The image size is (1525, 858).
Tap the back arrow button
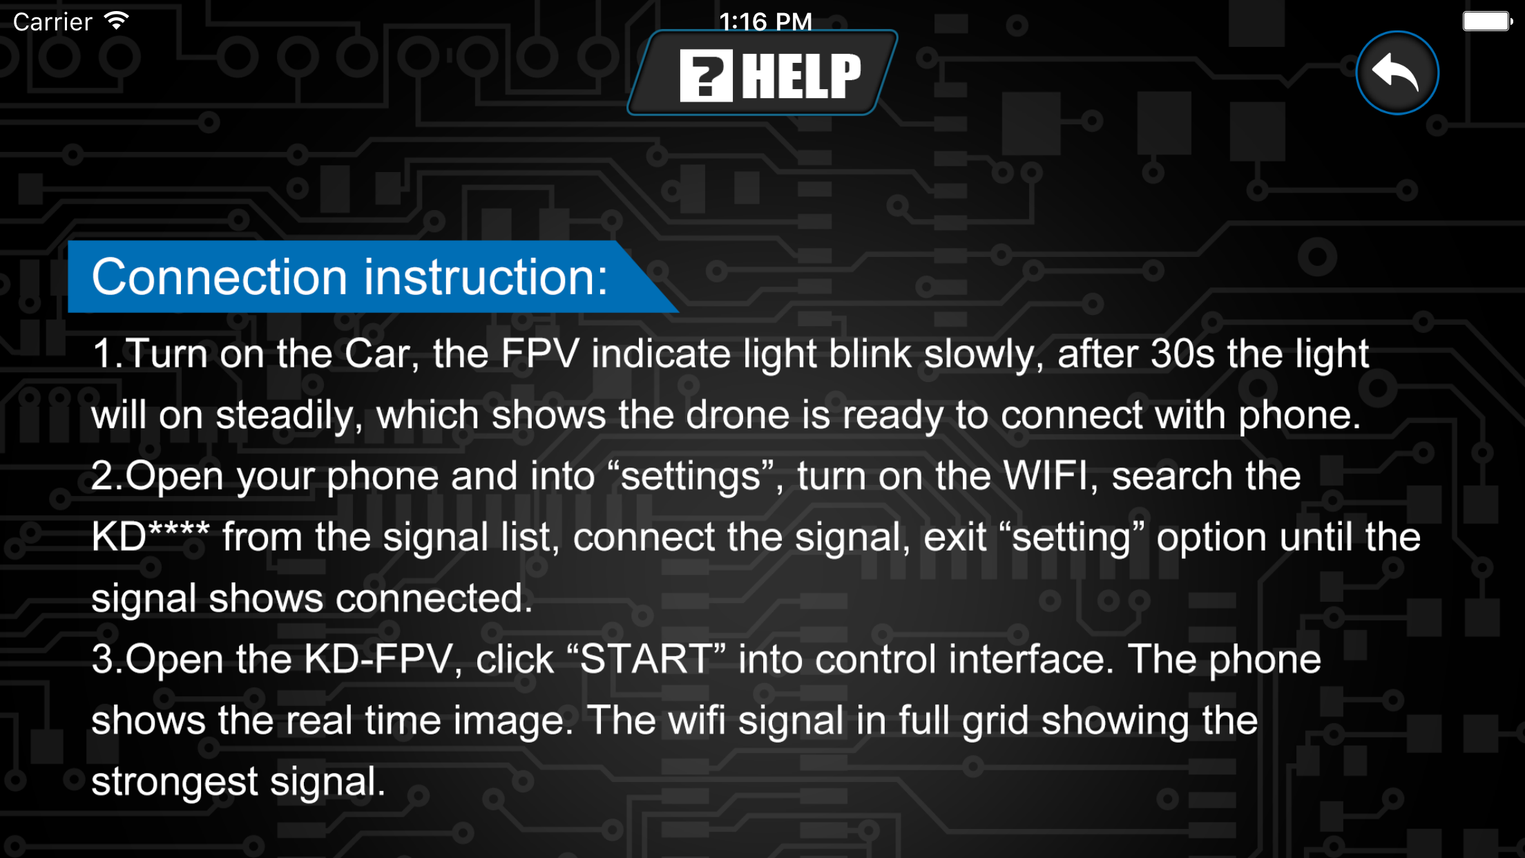point(1397,73)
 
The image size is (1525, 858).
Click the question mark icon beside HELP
point(706,76)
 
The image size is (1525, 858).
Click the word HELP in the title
point(802,76)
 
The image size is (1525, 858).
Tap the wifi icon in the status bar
point(117,21)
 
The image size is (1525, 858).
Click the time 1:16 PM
point(765,22)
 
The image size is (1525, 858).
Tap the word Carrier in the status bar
point(52,22)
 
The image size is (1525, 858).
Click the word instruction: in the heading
point(486,277)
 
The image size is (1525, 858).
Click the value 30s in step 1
point(1182,354)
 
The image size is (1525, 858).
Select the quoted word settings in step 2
point(691,477)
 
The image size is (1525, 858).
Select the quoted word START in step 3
point(646,659)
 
